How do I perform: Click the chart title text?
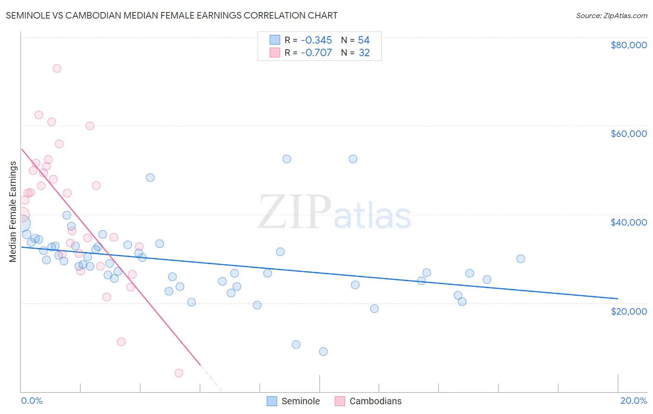tap(171, 15)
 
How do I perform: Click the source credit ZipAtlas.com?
tap(611, 15)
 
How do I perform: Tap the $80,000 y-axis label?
tap(628, 45)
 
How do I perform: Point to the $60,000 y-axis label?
tap(628, 134)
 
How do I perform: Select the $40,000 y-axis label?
tap(628, 222)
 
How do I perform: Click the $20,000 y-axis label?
tap(628, 311)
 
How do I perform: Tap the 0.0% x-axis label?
tap(32, 401)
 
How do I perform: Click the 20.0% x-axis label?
tap(633, 401)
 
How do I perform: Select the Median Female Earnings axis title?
tap(13, 212)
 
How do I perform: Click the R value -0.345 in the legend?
tap(316, 40)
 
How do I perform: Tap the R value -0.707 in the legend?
tap(316, 53)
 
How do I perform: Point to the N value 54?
tap(364, 40)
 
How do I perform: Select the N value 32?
tap(364, 53)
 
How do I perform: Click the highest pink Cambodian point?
tap(57, 68)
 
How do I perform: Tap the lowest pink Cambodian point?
tap(179, 373)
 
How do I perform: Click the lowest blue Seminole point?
tap(323, 351)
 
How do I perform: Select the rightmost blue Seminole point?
tap(521, 259)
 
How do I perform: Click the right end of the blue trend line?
tap(618, 298)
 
